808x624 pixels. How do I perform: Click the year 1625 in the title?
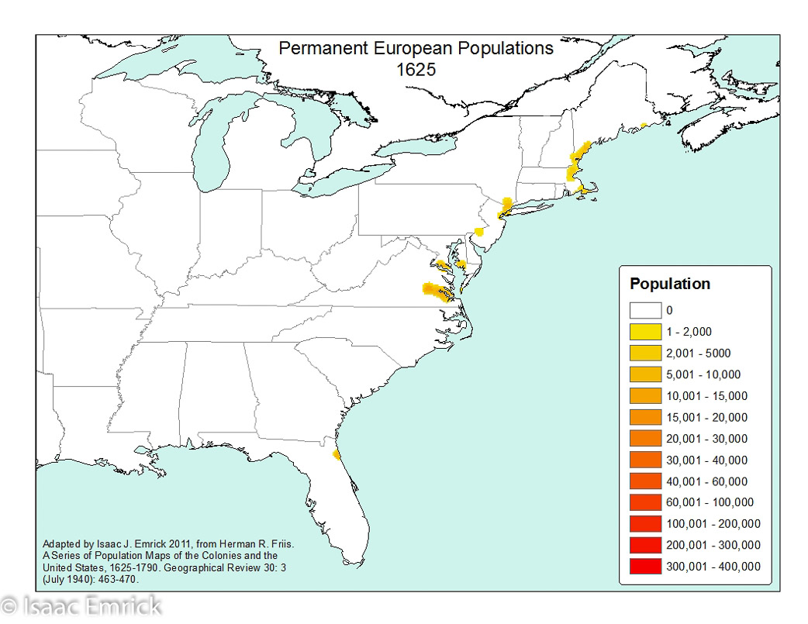tap(416, 69)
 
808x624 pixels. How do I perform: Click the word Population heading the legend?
tap(669, 284)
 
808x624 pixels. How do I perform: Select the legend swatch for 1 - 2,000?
tap(645, 332)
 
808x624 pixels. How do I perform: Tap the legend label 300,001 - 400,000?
tap(713, 567)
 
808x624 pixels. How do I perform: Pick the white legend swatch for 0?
tap(645, 311)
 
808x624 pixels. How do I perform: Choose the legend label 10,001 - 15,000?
tap(706, 396)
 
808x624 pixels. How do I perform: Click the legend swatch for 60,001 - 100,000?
tap(645, 502)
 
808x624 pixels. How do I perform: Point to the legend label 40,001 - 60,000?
tap(706, 481)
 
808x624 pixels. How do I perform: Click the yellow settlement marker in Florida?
tap(335, 454)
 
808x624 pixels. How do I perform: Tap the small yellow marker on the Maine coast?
tap(644, 126)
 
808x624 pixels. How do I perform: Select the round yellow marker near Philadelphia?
tap(479, 231)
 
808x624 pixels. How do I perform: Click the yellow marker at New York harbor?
tap(505, 205)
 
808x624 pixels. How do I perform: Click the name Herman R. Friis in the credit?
tap(258, 544)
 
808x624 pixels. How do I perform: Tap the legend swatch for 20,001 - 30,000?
tap(645, 439)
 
